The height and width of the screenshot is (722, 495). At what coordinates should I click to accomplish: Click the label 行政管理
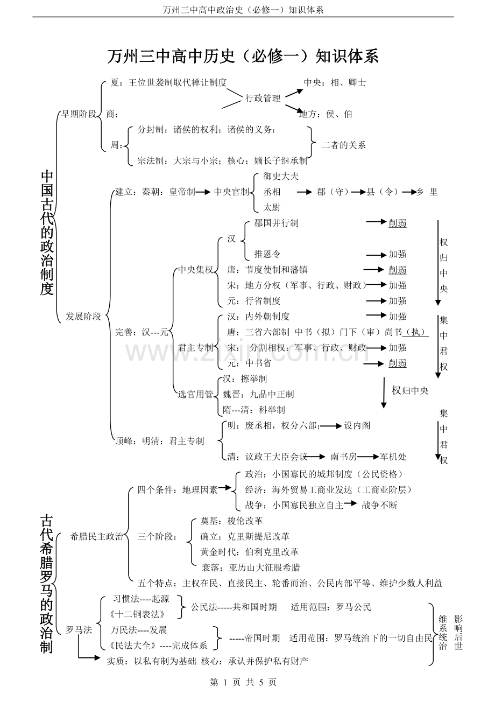263,99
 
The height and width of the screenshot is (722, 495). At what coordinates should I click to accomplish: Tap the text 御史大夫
281,176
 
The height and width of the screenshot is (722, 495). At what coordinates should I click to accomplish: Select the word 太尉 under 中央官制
272,207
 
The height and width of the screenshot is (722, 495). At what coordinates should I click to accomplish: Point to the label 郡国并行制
277,223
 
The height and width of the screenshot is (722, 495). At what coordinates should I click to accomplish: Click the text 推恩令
267,254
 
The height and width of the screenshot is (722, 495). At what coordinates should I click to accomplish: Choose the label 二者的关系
344,145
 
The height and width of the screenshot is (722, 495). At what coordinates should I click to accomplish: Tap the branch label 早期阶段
79,114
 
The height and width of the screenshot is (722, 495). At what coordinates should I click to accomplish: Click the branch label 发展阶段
83,317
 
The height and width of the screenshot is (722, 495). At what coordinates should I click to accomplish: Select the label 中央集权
195,270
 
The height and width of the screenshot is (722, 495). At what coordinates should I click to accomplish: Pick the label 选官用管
195,394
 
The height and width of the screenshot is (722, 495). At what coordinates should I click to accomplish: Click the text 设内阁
357,425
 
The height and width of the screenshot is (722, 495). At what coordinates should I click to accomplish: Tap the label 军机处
393,457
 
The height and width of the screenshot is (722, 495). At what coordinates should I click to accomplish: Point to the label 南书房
344,457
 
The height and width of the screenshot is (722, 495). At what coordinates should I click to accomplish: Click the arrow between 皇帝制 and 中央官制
203,192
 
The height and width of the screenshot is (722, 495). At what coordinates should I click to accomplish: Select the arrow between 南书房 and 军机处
368,457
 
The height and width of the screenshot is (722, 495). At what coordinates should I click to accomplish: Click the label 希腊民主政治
97,536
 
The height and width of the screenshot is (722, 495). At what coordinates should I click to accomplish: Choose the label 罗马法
79,630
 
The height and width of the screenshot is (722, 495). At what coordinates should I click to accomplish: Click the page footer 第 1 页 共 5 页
243,682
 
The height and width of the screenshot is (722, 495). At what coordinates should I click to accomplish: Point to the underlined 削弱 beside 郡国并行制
398,223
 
